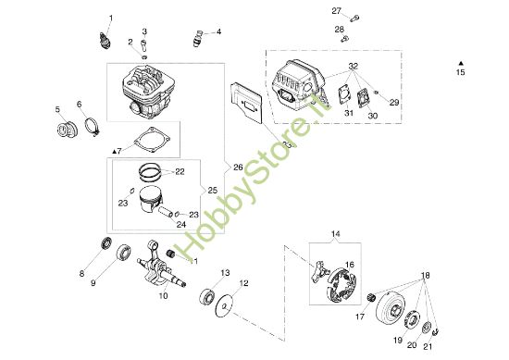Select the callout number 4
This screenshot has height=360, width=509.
coord(218,31)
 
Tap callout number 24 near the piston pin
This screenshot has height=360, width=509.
coord(181,223)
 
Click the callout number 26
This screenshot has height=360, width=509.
coord(238,168)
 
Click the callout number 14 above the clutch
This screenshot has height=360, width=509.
coord(335,234)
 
